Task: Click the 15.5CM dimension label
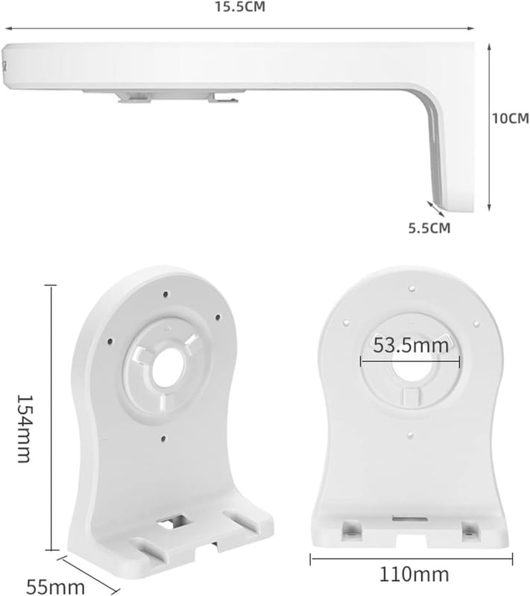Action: tap(240, 7)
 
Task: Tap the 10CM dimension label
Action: tap(510, 118)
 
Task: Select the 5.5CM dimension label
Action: tap(429, 228)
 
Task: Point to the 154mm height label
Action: tap(24, 428)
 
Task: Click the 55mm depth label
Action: tap(55, 587)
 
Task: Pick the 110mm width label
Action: tap(414, 574)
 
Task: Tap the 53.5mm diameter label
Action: tap(411, 346)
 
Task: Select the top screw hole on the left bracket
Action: tap(165, 294)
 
